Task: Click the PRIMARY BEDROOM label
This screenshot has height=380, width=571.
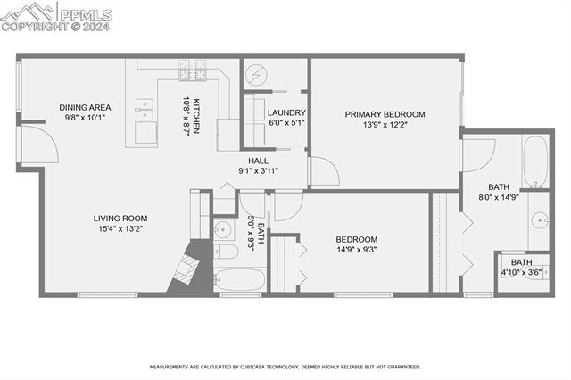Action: [385, 114]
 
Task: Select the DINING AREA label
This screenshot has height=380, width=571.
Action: [85, 105]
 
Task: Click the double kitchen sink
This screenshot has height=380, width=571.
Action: [143, 111]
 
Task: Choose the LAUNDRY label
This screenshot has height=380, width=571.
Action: [286, 112]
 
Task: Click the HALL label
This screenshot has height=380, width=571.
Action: [259, 161]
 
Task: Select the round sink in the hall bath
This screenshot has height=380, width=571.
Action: [223, 231]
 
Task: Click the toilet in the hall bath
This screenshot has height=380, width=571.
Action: [226, 252]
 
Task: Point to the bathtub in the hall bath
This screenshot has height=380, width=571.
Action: [239, 278]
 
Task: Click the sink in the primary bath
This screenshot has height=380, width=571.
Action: [538, 220]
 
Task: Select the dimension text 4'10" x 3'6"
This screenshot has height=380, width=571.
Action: [522, 272]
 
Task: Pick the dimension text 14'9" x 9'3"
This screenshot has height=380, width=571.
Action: [356, 250]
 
